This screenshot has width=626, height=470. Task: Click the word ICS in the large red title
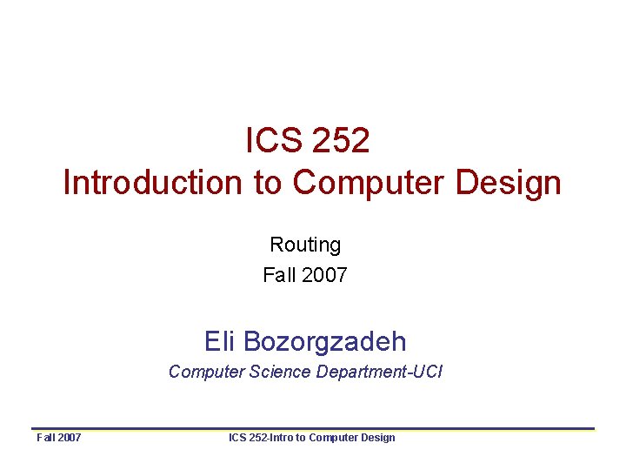click(270, 140)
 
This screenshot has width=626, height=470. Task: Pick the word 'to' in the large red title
click(268, 183)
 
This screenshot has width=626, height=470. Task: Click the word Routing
click(305, 245)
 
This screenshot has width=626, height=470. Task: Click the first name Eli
click(218, 339)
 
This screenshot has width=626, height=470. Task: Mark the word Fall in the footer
click(46, 437)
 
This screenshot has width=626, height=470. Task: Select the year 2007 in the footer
click(70, 437)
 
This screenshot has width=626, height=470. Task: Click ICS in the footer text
click(237, 437)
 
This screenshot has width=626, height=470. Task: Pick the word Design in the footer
click(378, 437)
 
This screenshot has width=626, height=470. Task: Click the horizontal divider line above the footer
click(313, 428)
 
